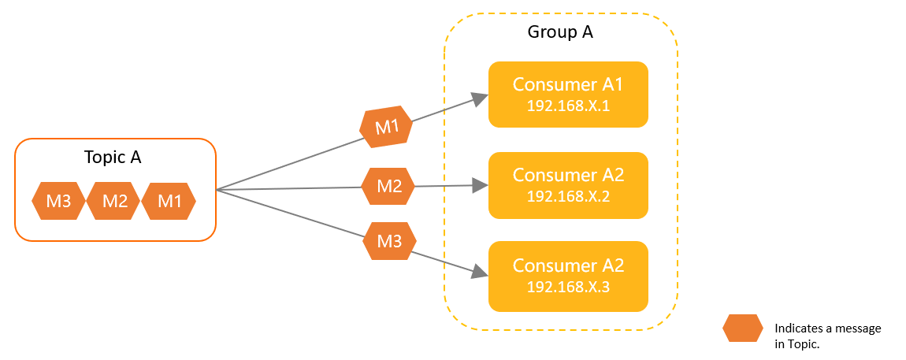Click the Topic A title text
tap(113, 158)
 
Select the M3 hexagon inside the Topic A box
tap(59, 202)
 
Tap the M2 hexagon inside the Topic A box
tap(114, 202)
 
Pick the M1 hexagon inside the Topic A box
tap(169, 202)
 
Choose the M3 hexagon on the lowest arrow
tap(390, 241)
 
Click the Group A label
tap(560, 33)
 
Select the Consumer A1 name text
tap(568, 84)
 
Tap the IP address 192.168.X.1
tap(568, 106)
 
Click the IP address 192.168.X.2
tap(568, 196)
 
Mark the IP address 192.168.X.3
tap(568, 287)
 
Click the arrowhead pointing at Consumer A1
tap(480, 98)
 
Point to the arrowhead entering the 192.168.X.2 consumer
tap(481, 186)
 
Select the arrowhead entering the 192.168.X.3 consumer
tap(480, 273)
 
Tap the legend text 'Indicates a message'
tap(828, 328)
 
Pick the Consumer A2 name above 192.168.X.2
tap(568, 174)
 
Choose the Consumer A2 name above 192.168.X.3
tap(568, 265)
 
